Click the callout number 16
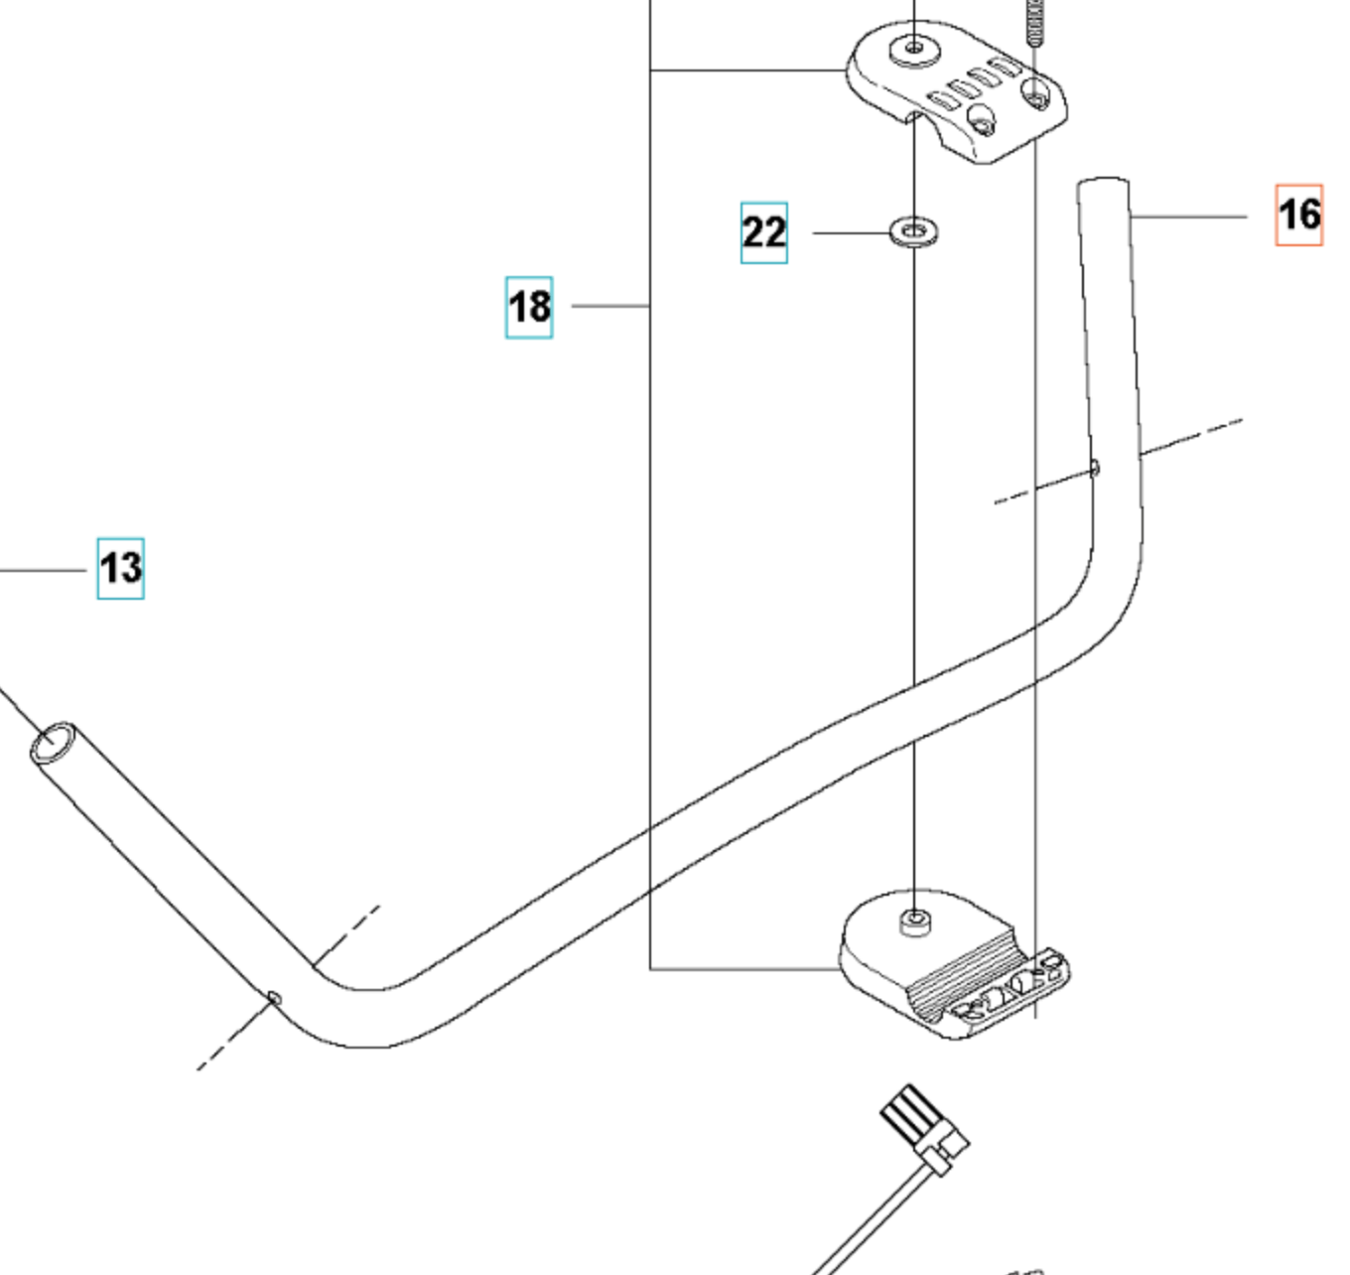click(1298, 214)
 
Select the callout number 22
click(763, 232)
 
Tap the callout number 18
click(529, 307)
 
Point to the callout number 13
click(120, 568)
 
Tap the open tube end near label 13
click(53, 743)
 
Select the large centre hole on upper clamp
click(914, 48)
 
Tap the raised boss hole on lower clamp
click(914, 921)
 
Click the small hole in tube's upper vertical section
click(1095, 467)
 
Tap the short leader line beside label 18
click(610, 306)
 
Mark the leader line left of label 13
click(45, 571)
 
